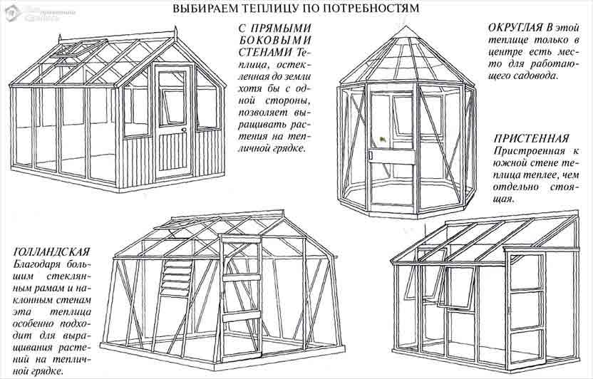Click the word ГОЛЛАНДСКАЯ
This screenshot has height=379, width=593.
[x=52, y=252]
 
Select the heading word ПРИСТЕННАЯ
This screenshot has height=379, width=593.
[x=532, y=139]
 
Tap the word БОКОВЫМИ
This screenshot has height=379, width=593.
[x=275, y=40]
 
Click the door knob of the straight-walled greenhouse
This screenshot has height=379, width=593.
[x=184, y=130]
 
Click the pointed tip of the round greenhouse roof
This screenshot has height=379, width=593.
[x=406, y=26]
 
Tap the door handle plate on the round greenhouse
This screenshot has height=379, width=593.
[x=371, y=155]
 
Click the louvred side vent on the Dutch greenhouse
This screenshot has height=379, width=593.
[x=176, y=278]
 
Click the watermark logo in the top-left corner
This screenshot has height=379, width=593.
[x=11, y=13]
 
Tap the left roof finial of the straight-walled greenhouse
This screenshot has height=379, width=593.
[x=60, y=38]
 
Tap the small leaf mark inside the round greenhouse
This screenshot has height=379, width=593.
[x=383, y=139]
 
